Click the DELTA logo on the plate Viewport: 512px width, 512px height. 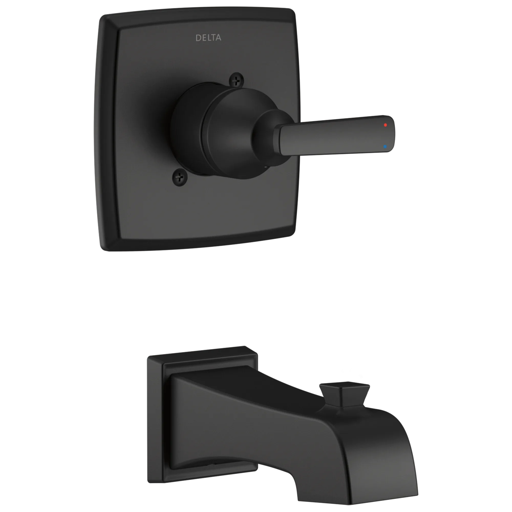[208, 38]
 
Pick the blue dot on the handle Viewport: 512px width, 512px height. [385, 146]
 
